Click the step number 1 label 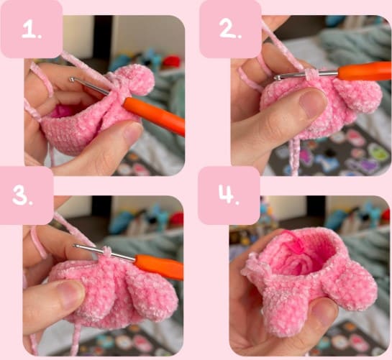pos(30,30)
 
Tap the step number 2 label pos(229,29)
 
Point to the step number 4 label pos(228,195)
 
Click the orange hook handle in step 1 pos(152,116)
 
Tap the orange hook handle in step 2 pos(364,70)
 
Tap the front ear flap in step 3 pos(151,296)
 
